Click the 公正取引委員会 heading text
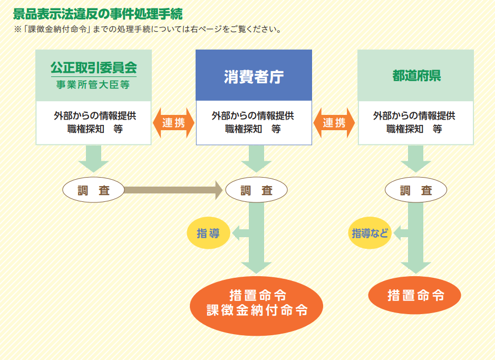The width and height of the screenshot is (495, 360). [x=93, y=67]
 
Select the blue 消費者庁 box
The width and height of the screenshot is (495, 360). [x=254, y=75]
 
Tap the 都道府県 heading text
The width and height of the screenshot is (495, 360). [x=416, y=75]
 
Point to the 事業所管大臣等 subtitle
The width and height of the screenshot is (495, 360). [x=93, y=84]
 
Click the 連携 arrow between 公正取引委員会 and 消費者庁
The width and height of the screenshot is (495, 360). [x=173, y=123]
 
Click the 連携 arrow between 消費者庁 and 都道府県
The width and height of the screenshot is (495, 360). [x=334, y=123]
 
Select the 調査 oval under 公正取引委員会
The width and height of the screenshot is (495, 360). [x=93, y=190]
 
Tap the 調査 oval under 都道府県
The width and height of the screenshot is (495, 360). [x=416, y=190]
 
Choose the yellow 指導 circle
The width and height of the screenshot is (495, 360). [x=208, y=233]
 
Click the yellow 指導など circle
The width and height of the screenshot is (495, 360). [x=370, y=233]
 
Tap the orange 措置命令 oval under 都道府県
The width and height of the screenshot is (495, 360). [x=415, y=295]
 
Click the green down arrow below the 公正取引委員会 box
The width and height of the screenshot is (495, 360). [x=93, y=158]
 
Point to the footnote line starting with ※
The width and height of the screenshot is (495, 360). [x=148, y=29]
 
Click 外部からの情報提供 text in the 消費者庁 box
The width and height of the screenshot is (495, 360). [x=253, y=115]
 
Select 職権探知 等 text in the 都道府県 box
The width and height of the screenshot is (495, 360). [x=414, y=129]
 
